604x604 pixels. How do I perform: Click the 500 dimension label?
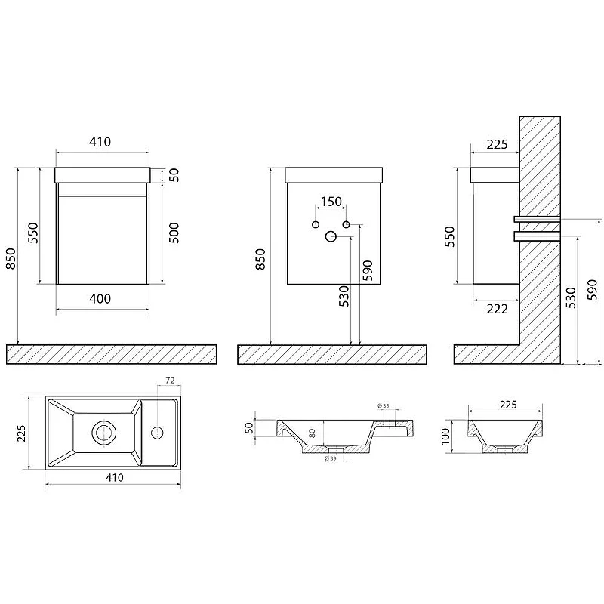click(174, 233)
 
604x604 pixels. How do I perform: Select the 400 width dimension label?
click(100, 298)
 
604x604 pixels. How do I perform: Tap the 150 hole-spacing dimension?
click(331, 201)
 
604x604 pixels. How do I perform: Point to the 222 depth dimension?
click(497, 309)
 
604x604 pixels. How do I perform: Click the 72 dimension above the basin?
click(170, 381)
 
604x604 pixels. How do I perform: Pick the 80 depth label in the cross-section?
click(312, 433)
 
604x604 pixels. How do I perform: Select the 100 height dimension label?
click(445, 436)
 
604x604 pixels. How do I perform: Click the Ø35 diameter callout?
click(384, 405)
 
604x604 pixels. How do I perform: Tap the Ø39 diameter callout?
click(331, 458)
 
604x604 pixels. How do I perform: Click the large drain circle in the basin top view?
click(104, 433)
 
